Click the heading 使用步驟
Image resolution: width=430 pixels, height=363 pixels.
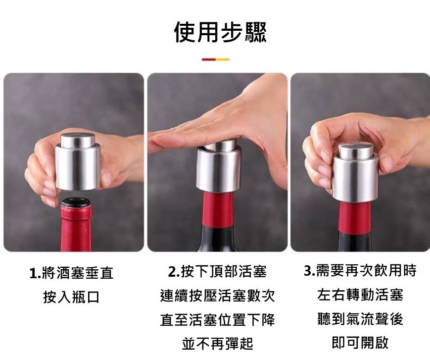click(x=220, y=32)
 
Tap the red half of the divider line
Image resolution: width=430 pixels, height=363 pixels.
click(x=208, y=60)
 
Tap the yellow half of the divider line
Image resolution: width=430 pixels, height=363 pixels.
click(x=223, y=60)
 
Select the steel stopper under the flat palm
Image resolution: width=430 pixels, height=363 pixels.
click(x=219, y=167)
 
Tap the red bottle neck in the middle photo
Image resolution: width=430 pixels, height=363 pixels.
click(x=218, y=210)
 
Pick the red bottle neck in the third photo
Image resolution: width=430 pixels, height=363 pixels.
click(x=354, y=218)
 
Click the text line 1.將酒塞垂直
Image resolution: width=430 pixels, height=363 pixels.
click(x=71, y=273)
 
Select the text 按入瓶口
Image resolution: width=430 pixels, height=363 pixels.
click(x=71, y=297)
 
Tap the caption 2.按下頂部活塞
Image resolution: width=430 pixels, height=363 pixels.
click(x=217, y=271)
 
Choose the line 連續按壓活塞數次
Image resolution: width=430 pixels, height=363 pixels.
click(x=217, y=296)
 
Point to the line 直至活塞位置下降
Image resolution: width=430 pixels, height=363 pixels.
click(x=217, y=319)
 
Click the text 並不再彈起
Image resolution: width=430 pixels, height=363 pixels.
click(x=217, y=344)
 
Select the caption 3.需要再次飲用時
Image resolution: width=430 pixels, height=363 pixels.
click(x=360, y=270)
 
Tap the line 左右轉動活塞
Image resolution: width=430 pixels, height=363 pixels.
click(x=360, y=295)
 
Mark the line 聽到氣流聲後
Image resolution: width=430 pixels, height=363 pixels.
click(x=360, y=319)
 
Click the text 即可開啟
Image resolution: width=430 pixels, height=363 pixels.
click(x=360, y=342)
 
